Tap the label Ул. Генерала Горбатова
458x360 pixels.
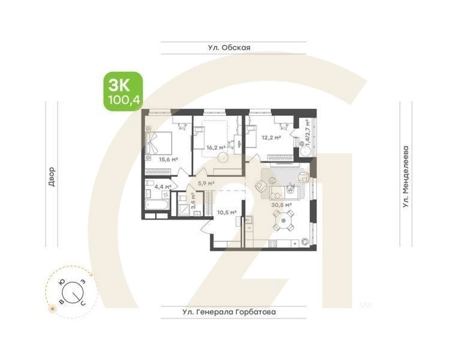click(233, 312)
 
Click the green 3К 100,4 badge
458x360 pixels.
click(123, 91)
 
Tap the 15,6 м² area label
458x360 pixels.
click(169, 160)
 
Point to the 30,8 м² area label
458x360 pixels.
click(281, 205)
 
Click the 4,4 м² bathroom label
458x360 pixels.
click(163, 187)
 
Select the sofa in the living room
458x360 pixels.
click(281, 193)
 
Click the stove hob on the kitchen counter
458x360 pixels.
click(273, 244)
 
